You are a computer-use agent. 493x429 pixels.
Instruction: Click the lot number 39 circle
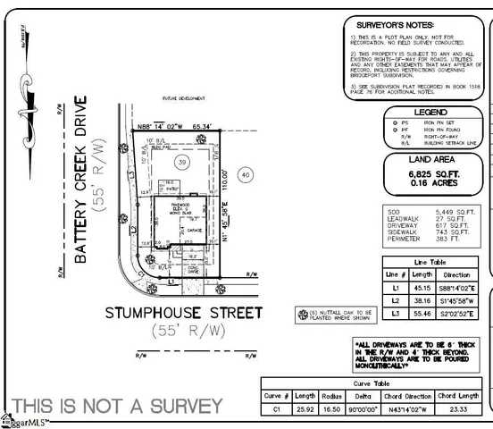click(x=181, y=161)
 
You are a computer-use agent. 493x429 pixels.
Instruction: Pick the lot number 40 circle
click(x=246, y=177)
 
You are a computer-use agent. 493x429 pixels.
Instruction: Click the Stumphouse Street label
click(x=184, y=313)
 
